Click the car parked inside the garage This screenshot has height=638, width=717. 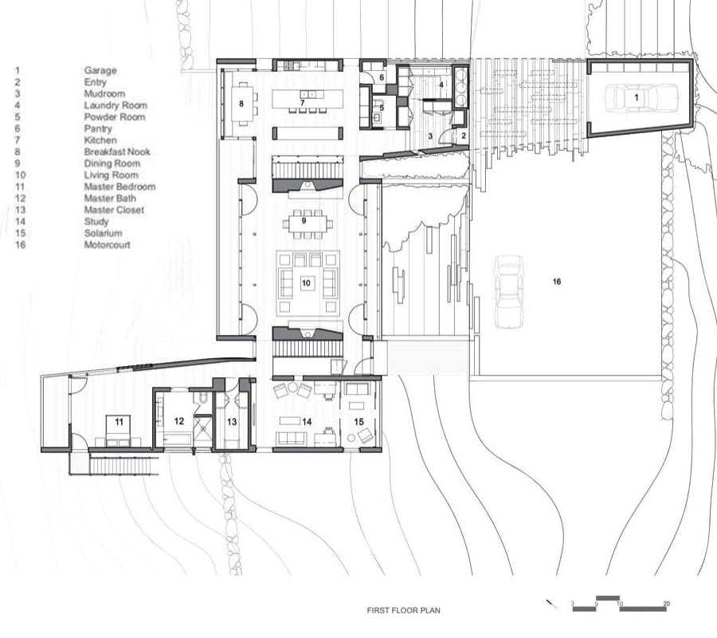[x=635, y=97]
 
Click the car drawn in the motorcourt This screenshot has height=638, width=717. [x=509, y=292]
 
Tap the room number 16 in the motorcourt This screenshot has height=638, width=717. [x=557, y=282]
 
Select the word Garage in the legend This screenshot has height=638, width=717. [x=100, y=70]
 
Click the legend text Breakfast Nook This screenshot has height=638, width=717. [x=117, y=152]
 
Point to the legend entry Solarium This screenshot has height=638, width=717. [x=103, y=233]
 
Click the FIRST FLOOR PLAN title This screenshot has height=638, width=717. [x=403, y=610]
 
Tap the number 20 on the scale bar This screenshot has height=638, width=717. [x=666, y=604]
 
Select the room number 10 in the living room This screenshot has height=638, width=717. [x=306, y=283]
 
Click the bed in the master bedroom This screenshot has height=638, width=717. [x=119, y=429]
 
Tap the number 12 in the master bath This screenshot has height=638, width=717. [x=178, y=420]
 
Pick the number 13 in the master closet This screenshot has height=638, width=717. [x=232, y=421]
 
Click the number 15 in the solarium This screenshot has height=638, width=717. [x=358, y=421]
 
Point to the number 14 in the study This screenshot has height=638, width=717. [x=307, y=422]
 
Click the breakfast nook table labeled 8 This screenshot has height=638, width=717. [x=241, y=104]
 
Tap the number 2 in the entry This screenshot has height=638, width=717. [x=463, y=136]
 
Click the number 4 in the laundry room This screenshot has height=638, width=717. [x=441, y=85]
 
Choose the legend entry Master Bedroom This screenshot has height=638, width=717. [x=119, y=187]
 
